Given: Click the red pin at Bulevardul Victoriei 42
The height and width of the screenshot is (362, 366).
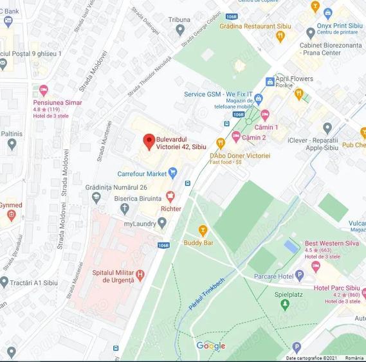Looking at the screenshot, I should [x=149, y=141].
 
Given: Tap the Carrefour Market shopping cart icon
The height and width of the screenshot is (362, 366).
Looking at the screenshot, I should [x=172, y=173].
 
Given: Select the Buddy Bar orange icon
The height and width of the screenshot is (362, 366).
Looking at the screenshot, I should [x=203, y=230].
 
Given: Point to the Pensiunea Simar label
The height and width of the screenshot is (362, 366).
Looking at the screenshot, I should [x=58, y=102].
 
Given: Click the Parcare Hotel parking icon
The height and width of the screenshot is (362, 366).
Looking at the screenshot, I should [x=299, y=275].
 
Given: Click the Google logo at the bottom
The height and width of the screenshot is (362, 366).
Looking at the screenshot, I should [x=211, y=346].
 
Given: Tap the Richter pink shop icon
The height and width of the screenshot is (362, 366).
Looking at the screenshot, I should [x=170, y=195].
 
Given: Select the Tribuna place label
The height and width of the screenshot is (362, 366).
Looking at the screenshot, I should [x=179, y=20].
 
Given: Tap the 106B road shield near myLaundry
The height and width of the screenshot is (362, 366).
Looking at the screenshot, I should [x=163, y=245].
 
